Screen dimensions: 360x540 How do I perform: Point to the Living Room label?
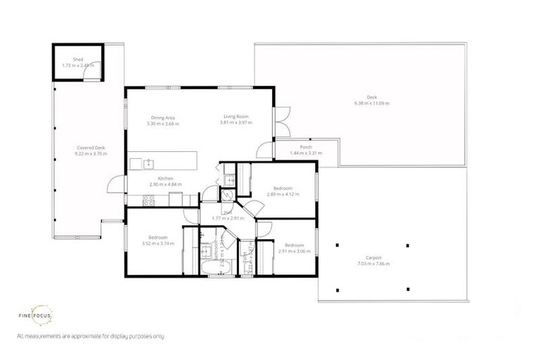236,117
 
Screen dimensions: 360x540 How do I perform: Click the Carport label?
373,258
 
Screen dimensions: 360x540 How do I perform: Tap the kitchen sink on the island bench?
148,164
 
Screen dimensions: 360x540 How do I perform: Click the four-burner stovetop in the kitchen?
148,200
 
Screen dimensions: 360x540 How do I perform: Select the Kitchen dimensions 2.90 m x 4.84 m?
165,184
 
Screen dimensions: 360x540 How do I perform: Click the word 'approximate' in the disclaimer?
75,337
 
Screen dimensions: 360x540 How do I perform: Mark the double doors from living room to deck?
281,122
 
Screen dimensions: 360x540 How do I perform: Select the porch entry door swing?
264,149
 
